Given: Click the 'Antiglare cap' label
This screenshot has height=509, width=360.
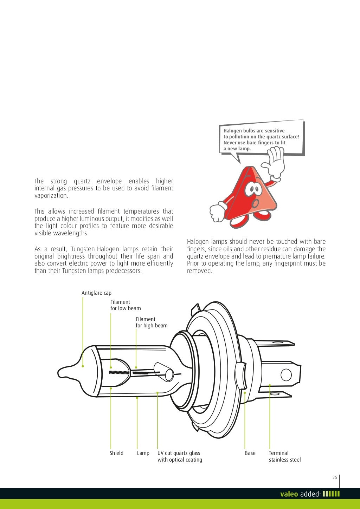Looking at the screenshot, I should click(x=96, y=293).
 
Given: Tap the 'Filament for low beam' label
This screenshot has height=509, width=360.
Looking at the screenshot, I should click(x=125, y=305).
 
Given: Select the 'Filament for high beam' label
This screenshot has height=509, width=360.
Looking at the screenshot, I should click(x=152, y=322).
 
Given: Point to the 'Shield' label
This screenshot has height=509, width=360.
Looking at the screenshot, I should click(x=116, y=453).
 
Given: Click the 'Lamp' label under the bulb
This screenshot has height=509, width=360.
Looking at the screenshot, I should click(x=143, y=453).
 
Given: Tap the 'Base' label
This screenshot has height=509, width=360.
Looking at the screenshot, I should click(x=250, y=453).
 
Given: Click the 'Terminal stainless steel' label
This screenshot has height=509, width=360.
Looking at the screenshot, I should click(x=284, y=456).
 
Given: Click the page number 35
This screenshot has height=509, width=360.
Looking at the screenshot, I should click(x=335, y=477).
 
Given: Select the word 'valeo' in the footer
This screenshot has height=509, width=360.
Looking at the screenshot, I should click(x=289, y=494).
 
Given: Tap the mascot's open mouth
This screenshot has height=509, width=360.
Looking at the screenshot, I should click(x=257, y=203).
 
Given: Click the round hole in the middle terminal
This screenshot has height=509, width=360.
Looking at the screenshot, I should click(x=286, y=374).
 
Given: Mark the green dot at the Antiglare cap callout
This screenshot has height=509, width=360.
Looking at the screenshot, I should click(x=83, y=366).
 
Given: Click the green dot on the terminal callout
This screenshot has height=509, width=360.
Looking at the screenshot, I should click(x=270, y=385).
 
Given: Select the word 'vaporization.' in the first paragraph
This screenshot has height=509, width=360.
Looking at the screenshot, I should click(x=51, y=196).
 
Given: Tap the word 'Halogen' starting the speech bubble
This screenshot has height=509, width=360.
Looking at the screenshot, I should click(x=233, y=131).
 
